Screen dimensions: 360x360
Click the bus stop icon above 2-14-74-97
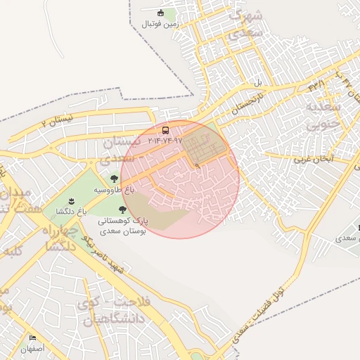click(165, 130)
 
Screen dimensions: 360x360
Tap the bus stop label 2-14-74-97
click(165, 141)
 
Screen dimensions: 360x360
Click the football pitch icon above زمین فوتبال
click(161, 13)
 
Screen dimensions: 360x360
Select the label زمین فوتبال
click(161, 24)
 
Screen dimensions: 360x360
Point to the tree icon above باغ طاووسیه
click(114, 179)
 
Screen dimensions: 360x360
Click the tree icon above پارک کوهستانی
click(123, 210)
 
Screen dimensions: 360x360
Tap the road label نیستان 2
click(57, 121)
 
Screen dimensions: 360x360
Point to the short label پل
click(257, 82)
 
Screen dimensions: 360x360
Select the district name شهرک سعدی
click(246, 24)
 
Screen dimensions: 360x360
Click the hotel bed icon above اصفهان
click(32, 338)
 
